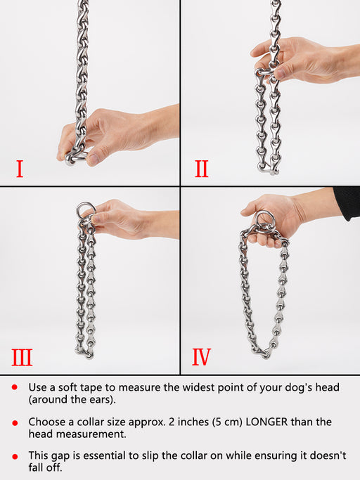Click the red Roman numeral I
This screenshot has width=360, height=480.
click(20, 169)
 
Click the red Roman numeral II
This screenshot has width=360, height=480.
click(202, 169)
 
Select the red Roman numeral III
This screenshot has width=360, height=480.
click(22, 358)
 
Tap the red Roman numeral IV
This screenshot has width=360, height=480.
click(202, 358)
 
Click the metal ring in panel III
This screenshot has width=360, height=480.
click(85, 210)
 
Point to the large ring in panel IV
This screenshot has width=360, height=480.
click(264, 215)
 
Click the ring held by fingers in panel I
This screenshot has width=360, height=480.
click(77, 157)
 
